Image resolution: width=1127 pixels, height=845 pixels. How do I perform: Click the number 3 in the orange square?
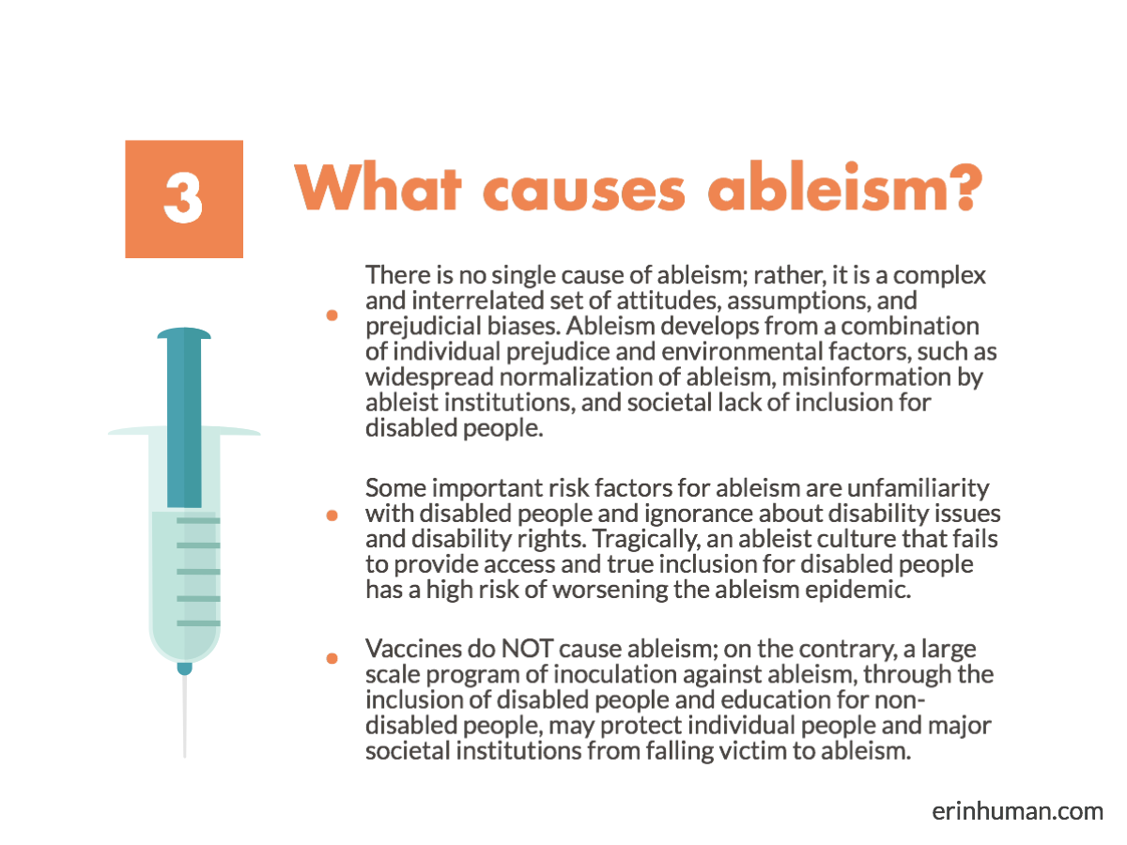(x=184, y=198)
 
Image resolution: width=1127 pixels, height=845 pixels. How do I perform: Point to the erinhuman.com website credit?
(x=1018, y=810)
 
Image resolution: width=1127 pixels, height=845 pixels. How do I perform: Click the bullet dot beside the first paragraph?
(x=332, y=316)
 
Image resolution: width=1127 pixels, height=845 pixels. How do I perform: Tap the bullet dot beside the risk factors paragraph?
(x=332, y=515)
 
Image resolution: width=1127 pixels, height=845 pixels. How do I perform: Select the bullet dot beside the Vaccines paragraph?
(x=332, y=659)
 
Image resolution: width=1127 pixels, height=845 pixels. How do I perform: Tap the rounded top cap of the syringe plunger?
(x=184, y=333)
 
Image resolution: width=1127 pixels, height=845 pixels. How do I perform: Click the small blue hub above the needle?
(x=184, y=668)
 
